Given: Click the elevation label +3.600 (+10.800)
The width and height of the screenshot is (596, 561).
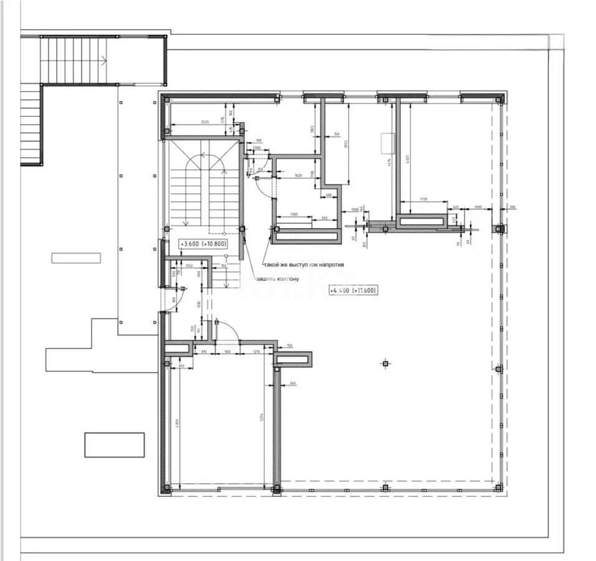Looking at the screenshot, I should [203, 244].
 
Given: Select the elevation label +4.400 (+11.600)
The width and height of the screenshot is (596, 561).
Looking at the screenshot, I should [353, 290].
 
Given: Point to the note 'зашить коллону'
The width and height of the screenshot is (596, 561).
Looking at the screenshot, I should [277, 279].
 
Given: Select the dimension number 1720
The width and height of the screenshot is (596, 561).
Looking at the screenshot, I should [423, 199].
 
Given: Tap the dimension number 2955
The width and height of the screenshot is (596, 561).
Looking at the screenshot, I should [345, 145].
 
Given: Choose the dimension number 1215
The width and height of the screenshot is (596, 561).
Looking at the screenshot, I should [256, 352].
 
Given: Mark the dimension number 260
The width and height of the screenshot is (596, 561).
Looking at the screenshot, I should [292, 383].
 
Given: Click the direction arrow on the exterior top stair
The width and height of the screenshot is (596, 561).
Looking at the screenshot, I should [104, 60].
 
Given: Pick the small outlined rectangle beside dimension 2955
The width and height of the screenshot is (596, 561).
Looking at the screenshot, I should [387, 143].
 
